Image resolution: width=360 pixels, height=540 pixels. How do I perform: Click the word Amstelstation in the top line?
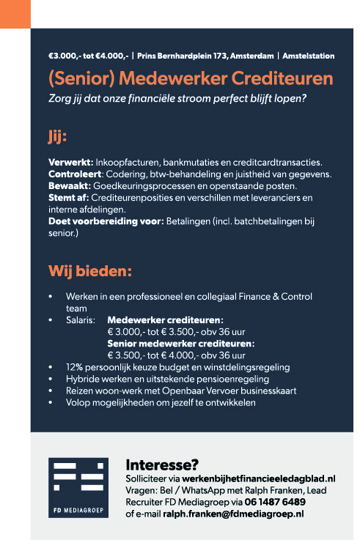pyautogui.click(x=309, y=56)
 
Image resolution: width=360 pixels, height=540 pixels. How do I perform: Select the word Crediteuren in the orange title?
pyautogui.click(x=282, y=78)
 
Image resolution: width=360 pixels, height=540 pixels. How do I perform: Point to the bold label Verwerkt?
pyautogui.click(x=70, y=161)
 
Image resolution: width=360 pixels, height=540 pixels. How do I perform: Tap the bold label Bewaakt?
pyautogui.click(x=70, y=185)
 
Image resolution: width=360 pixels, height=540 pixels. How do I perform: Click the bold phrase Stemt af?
pyautogui.click(x=69, y=197)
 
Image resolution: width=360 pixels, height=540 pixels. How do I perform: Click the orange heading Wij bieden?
pyautogui.click(x=90, y=271)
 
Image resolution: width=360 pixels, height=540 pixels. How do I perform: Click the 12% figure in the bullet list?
pyautogui.click(x=74, y=366)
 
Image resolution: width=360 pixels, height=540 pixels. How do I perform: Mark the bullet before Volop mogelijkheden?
pyautogui.click(x=50, y=402)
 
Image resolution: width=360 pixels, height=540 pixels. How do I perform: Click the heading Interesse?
pyautogui.click(x=162, y=465)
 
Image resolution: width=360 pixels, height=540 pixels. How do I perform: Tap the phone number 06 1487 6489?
pyautogui.click(x=275, y=502)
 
